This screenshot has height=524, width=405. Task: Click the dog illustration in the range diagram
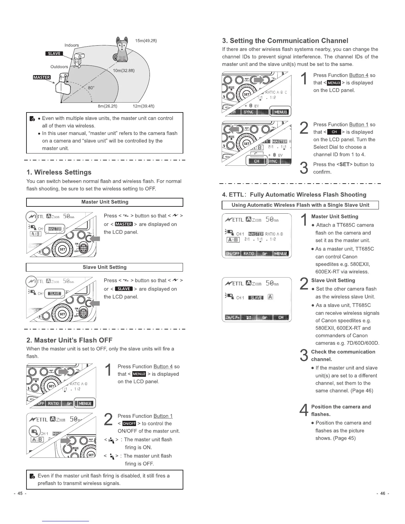(x=122, y=50)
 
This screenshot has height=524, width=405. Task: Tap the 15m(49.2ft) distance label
(x=146, y=41)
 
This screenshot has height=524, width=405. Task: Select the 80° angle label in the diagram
(x=91, y=88)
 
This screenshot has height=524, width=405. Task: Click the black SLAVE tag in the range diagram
(x=54, y=54)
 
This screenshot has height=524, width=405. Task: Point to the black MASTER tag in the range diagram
(x=42, y=77)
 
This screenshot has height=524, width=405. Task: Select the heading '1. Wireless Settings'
(x=59, y=172)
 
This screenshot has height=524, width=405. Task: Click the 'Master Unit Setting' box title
(x=105, y=202)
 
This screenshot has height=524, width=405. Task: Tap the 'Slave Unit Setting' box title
(x=105, y=267)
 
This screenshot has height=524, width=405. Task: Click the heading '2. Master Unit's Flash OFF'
(x=69, y=340)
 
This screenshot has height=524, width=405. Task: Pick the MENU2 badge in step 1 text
(x=139, y=374)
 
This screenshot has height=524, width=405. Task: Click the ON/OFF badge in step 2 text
(x=129, y=424)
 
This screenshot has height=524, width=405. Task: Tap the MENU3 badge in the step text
(x=334, y=83)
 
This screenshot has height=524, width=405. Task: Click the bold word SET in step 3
(x=344, y=164)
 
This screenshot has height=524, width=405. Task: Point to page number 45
(x=20, y=494)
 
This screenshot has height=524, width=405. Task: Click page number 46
(x=382, y=494)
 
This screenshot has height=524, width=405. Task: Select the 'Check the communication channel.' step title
(x=343, y=356)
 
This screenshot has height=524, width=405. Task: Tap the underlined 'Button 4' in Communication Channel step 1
(x=359, y=75)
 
